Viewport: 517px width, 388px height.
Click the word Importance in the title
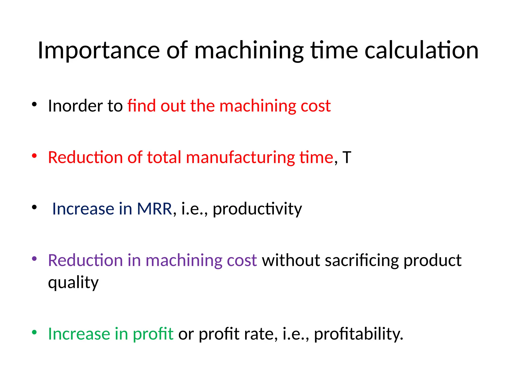pos(98,51)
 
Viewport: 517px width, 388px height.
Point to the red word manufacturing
pos(240,157)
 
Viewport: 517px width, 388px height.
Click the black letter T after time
pos(347,157)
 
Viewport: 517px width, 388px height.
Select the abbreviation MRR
pos(154,209)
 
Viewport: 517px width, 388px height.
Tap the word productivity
pos(257,209)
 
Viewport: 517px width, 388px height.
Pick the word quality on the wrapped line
pos(73,283)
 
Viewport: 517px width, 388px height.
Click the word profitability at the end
pos(358,334)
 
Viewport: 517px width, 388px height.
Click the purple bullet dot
pos(34,258)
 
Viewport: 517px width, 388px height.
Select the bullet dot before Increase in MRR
pos(34,207)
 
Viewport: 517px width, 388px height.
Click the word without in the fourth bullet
pos(291,260)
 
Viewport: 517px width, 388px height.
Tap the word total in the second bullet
pos(164,157)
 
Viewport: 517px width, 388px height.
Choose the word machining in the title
pos(249,51)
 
